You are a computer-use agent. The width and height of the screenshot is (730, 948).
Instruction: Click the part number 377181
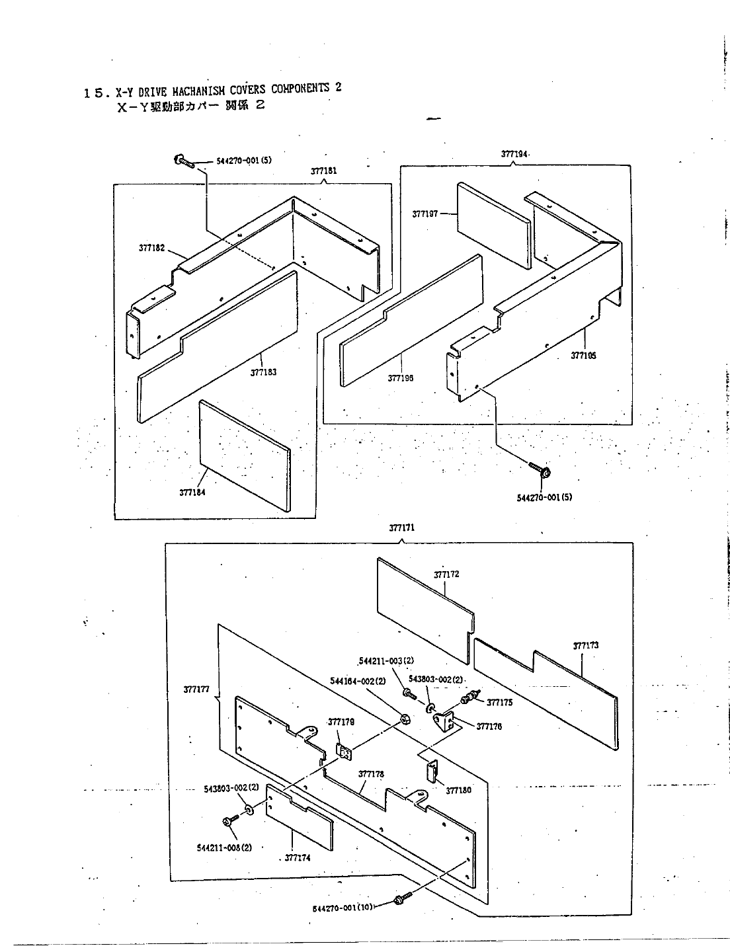tap(323, 171)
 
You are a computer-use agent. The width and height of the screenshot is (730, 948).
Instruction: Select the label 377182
tap(151, 248)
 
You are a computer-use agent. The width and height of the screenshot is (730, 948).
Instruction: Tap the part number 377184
tap(192, 491)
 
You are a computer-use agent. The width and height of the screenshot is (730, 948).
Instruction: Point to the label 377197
tap(425, 214)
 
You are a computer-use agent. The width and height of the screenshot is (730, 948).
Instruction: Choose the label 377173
tap(585, 645)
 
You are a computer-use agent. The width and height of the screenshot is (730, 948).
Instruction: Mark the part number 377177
tap(196, 690)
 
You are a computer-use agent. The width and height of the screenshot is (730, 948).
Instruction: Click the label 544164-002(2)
tap(353, 681)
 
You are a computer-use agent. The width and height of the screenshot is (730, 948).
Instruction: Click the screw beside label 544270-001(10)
tap(400, 898)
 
